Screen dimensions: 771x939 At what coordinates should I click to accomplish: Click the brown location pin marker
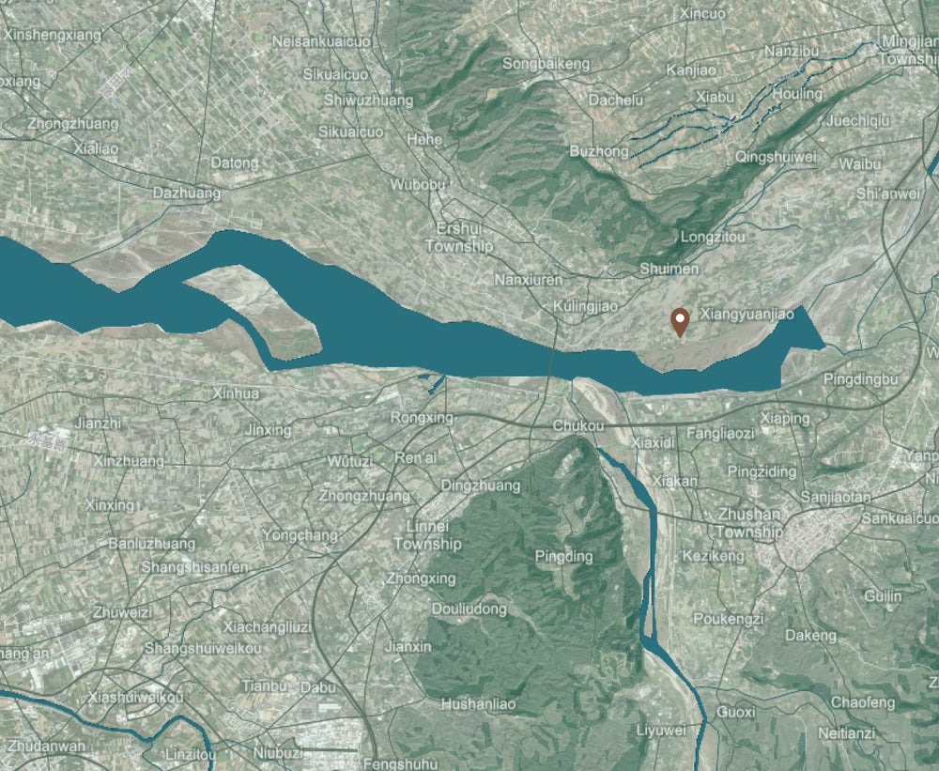coord(680,321)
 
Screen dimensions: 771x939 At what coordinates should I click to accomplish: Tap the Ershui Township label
coord(458,238)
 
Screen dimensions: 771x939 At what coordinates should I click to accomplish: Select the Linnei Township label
coord(427,535)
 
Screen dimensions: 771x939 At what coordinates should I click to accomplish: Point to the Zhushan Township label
coord(748,523)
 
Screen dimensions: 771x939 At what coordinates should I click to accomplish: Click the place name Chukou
coord(578,426)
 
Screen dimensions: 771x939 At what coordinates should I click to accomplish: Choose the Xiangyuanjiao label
coord(747,314)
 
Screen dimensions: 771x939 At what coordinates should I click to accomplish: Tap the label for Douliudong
coord(469,609)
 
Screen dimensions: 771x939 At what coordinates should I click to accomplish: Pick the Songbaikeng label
coord(546,64)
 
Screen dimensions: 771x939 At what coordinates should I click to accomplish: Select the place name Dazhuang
coord(187,193)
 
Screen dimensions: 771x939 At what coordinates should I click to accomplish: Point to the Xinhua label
coord(236,393)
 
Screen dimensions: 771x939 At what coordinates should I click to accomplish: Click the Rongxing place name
coord(421,417)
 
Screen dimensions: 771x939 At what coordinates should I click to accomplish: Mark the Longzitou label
coord(713,237)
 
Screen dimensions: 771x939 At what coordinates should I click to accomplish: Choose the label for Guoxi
coord(735,712)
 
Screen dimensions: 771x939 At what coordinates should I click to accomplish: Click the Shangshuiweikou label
coord(203,649)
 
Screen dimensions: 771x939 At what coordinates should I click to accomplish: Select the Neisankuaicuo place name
coord(321,42)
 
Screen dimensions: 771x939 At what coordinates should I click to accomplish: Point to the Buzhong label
coord(599,151)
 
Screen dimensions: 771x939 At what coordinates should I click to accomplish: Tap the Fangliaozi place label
coord(720,434)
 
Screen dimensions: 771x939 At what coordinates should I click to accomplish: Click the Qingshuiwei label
coord(777,157)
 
